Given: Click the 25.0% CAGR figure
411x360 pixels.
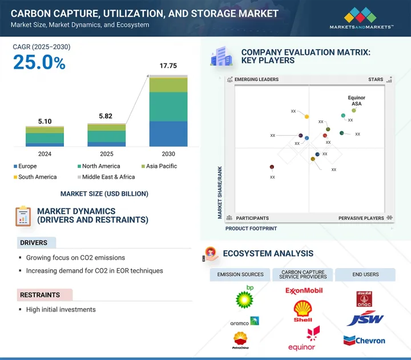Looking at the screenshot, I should click(x=39, y=63).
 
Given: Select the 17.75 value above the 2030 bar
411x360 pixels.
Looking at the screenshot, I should click(x=167, y=66).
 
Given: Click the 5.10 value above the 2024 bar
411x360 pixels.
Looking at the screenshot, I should click(x=45, y=121).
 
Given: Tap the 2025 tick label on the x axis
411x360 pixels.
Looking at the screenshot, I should click(x=106, y=154).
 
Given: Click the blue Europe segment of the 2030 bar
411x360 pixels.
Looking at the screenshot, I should click(x=168, y=134).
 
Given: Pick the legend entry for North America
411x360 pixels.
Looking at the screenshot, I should click(x=99, y=166).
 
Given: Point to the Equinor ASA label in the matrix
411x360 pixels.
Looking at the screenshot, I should click(x=357, y=100).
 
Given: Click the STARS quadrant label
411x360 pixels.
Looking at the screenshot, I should click(x=376, y=80).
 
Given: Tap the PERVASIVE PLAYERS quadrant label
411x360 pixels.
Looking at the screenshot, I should click(x=361, y=218).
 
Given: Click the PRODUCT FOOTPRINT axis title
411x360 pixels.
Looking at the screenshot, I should click(x=251, y=228).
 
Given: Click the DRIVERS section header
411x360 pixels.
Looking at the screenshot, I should click(x=34, y=243).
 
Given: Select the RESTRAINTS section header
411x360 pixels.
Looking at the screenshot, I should click(x=41, y=295).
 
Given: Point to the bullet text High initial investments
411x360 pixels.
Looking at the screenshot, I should click(x=61, y=310).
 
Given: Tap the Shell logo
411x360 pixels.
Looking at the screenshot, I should click(x=303, y=312).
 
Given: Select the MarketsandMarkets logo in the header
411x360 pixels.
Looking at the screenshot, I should click(x=361, y=18).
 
